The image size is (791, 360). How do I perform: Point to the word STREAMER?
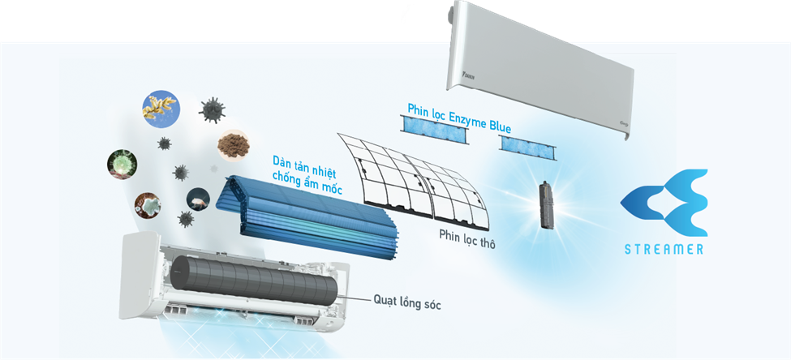click(x=664, y=250)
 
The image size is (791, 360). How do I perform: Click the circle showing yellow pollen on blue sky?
click(x=160, y=107)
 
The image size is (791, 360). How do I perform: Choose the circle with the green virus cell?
click(x=122, y=162)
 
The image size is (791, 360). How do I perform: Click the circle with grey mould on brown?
click(x=148, y=205)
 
